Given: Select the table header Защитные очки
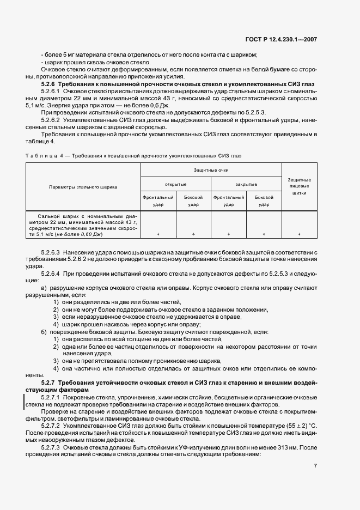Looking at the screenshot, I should click(211, 171).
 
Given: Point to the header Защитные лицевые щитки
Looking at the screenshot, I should click(299, 186).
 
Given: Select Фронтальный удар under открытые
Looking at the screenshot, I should click(158, 201).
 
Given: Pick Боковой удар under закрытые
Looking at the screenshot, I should click(264, 201).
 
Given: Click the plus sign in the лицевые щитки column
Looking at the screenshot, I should click(299, 234).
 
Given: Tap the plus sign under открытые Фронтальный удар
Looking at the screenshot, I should click(158, 234).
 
